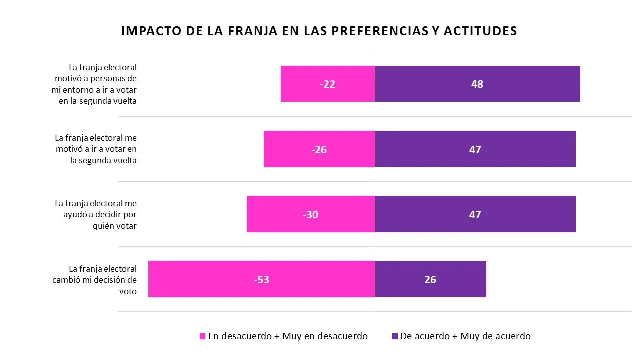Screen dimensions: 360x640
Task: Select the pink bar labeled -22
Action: (300, 84)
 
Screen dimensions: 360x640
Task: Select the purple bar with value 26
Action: (460, 279)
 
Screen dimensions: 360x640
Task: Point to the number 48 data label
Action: (477, 84)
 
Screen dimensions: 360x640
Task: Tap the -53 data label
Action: (261, 280)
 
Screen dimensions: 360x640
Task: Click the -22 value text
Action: (327, 84)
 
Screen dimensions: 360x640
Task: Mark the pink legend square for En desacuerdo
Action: (202, 336)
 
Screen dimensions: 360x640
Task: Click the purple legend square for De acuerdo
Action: (395, 336)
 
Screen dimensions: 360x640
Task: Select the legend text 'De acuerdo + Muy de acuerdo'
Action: (465, 336)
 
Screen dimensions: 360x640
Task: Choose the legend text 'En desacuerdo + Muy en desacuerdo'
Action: (288, 336)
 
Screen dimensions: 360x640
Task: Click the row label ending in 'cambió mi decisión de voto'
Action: (95, 280)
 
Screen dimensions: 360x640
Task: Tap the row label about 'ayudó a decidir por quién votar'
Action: (96, 214)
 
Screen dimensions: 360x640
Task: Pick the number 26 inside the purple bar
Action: (430, 280)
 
